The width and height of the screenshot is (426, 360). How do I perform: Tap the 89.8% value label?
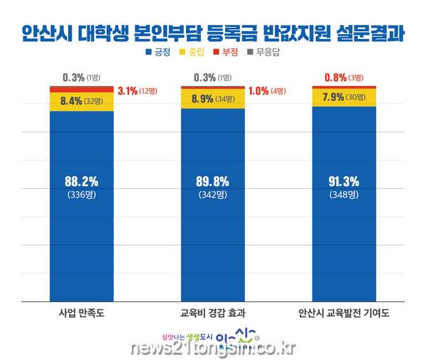(x=213, y=180)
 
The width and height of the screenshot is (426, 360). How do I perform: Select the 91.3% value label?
(x=344, y=180)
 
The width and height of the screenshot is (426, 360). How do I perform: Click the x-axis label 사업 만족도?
(x=82, y=312)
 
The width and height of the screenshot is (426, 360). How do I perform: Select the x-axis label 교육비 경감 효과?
(x=213, y=312)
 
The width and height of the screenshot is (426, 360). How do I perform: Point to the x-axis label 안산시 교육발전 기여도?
(x=344, y=312)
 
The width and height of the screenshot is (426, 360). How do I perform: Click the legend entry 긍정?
(x=163, y=52)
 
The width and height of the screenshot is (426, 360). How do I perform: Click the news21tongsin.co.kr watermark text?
(x=212, y=348)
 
